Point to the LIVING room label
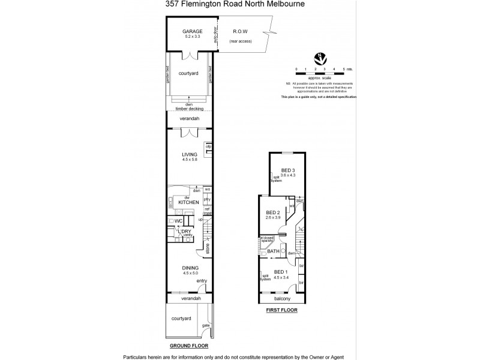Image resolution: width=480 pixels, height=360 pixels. click(190, 155)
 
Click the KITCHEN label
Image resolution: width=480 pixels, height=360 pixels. click(188, 203)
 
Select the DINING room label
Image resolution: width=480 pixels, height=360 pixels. click(190, 268)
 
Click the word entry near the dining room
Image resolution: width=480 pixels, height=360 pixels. click(201, 281)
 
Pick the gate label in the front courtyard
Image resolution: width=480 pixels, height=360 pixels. click(205, 325)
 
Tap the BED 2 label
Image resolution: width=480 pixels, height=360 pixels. click(272, 213)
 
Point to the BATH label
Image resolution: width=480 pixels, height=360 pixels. click(273, 251)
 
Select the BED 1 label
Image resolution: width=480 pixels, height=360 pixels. click(280, 272)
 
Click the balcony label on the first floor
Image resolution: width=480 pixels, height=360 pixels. click(281, 298)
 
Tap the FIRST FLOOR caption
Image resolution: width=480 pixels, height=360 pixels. click(281, 311)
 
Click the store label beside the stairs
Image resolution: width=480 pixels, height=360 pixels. click(207, 248)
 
